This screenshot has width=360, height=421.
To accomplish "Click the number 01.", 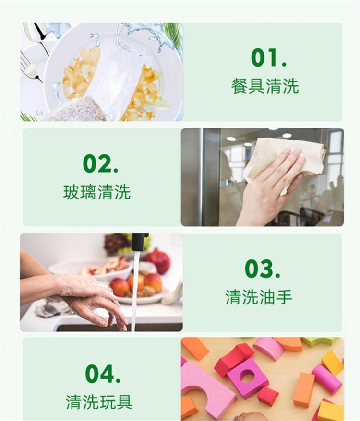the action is point(269,58).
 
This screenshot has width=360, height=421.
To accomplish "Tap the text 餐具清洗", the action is point(265,86).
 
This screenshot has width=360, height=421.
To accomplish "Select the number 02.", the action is point(100,164).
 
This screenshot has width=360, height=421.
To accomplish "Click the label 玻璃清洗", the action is point(97,192).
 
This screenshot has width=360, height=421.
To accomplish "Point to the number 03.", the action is point(263,269).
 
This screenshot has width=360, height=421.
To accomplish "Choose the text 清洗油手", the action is point(259,297).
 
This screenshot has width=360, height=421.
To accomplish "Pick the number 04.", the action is point(103,374).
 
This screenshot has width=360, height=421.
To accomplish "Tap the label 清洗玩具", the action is point(99,402).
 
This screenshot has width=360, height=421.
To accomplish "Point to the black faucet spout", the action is point(140,242).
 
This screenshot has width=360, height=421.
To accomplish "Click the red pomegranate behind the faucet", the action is point(158,260).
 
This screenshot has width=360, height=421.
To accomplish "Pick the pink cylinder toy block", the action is point(326,379).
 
